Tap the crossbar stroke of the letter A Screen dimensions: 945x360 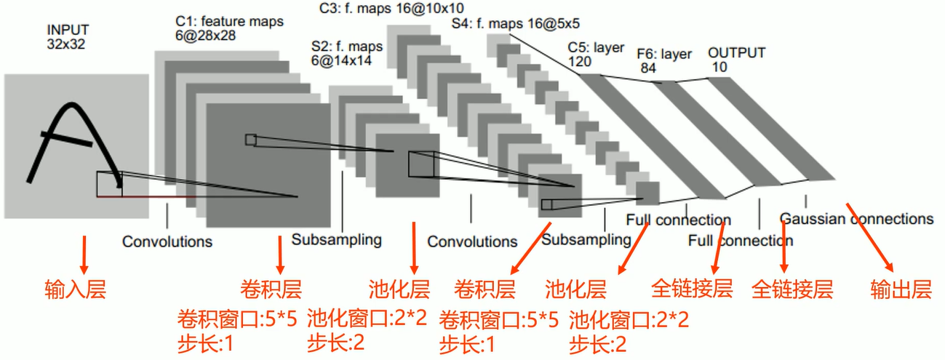(x=67, y=139)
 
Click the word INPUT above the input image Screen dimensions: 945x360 (x=68, y=30)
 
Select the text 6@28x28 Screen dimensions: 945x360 (x=205, y=36)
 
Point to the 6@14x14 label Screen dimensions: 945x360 (x=341, y=60)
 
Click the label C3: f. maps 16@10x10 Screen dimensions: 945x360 (x=391, y=8)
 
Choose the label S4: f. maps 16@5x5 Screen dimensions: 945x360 (x=516, y=23)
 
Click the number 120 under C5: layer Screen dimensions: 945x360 (x=580, y=62)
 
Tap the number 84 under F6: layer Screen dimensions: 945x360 (x=648, y=68)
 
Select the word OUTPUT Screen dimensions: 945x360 (x=737, y=52)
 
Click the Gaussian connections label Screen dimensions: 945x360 (x=856, y=219)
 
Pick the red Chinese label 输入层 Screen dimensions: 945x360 (x=76, y=289)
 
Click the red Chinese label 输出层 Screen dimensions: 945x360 (x=901, y=289)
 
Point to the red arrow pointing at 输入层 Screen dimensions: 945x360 (x=84, y=255)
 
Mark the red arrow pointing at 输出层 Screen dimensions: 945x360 (x=870, y=238)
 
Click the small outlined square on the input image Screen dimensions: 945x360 (x=110, y=184)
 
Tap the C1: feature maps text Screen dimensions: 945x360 (x=229, y=21)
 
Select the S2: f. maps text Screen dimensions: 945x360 (x=347, y=47)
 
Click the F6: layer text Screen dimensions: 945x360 (x=664, y=54)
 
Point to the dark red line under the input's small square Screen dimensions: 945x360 (x=146, y=197)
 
